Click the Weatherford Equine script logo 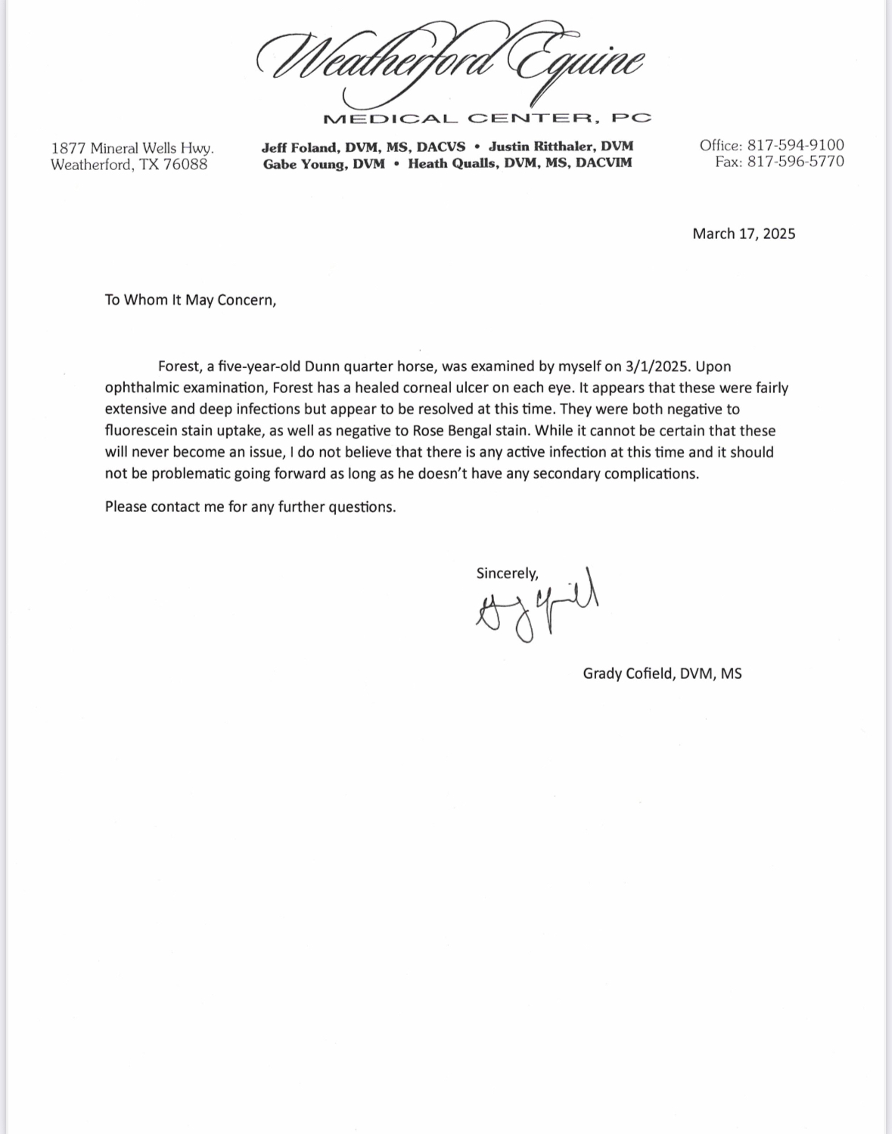(x=451, y=64)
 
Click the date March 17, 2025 (x=744, y=234)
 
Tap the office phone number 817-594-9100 (x=796, y=145)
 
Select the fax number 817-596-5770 (x=796, y=162)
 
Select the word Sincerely (x=507, y=573)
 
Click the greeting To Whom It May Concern (x=191, y=300)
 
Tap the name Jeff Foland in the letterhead (x=297, y=147)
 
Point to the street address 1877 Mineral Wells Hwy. (x=132, y=148)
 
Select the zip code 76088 (x=185, y=165)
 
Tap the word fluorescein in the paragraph (x=141, y=431)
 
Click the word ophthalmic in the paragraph (x=141, y=388)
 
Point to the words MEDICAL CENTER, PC (x=486, y=119)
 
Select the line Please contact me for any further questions (x=250, y=507)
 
